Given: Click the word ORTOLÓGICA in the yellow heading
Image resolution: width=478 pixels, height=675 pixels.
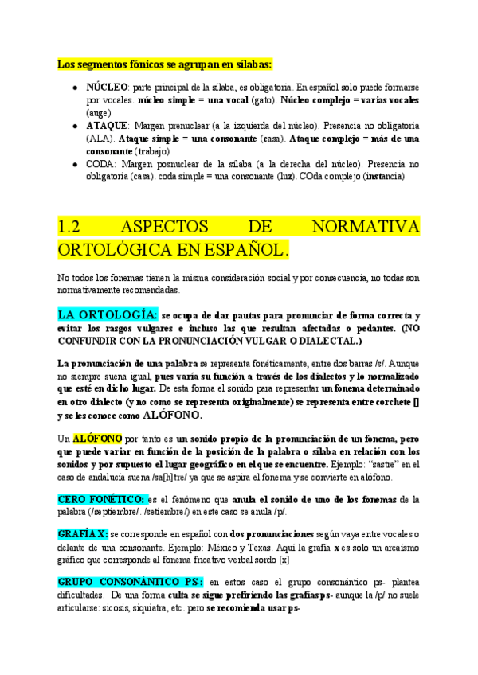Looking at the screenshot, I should pos(115,249).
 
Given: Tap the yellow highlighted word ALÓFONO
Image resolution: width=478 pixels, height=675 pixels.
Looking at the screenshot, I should pos(98,439).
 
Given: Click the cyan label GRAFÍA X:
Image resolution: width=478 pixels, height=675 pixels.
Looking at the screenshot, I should pos(83,534).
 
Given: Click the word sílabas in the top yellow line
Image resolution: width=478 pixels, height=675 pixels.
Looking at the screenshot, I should pos(249,63).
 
